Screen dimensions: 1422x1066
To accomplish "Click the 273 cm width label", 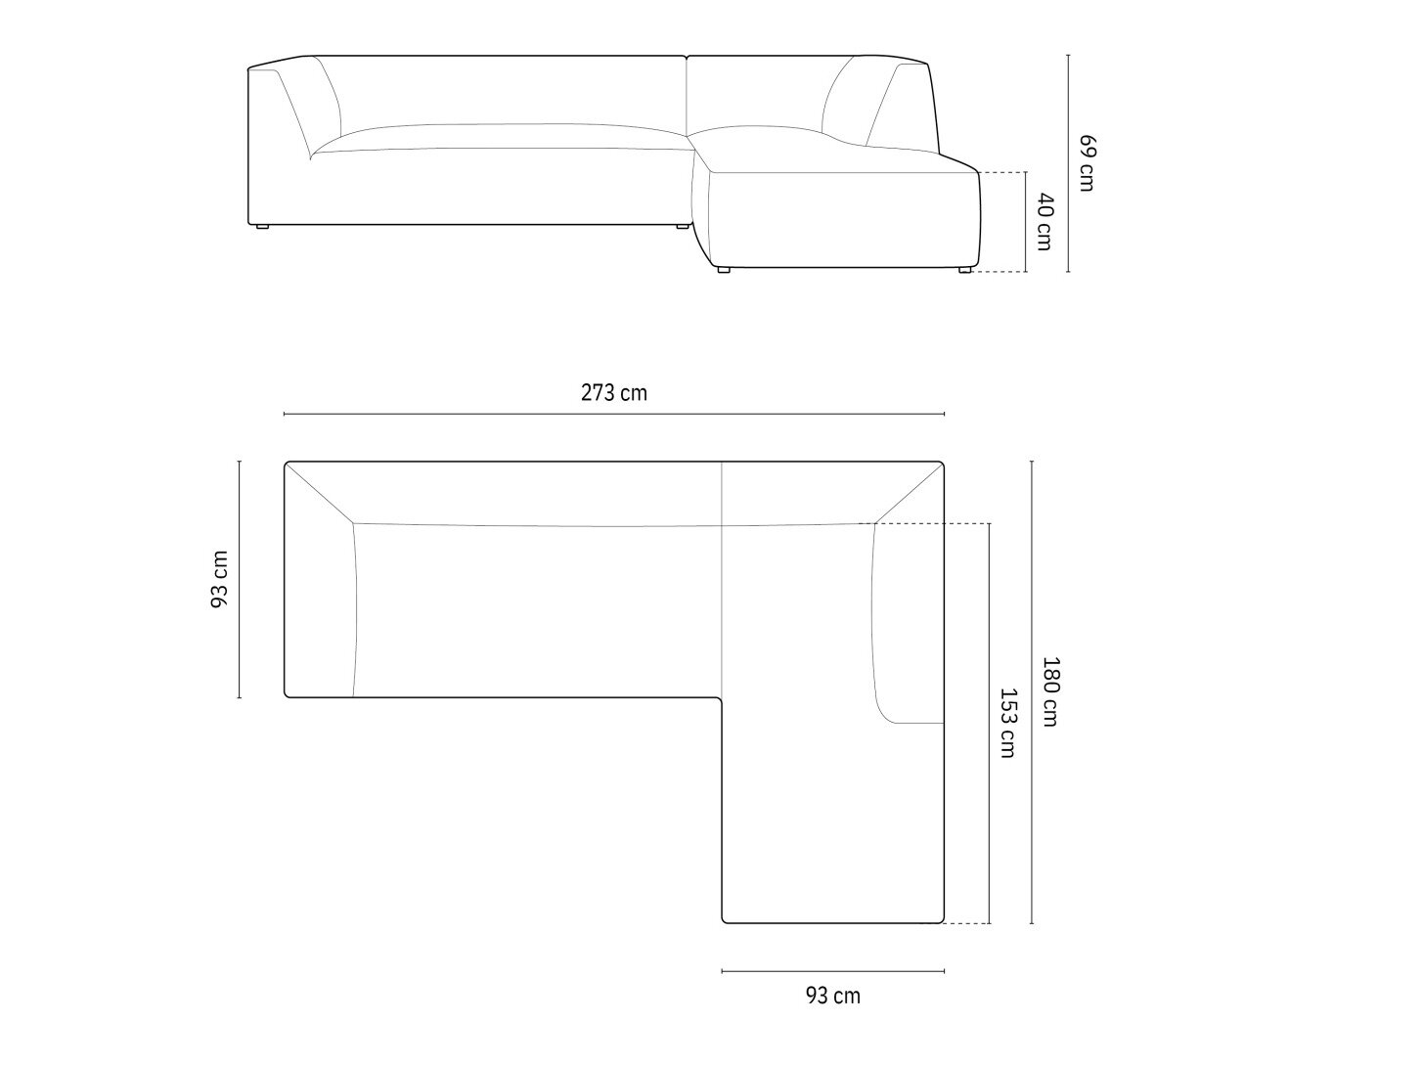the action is pyautogui.click(x=613, y=393).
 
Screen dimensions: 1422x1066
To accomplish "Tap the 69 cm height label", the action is pyautogui.click(x=1087, y=162).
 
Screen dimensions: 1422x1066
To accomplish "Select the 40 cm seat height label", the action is pyautogui.click(x=1044, y=221).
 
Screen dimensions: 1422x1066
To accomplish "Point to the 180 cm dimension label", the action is pyautogui.click(x=1050, y=691).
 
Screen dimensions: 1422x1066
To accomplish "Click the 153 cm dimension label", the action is pyautogui.click(x=1008, y=723).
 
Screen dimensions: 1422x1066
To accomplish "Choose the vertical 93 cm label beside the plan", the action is pyautogui.click(x=220, y=579).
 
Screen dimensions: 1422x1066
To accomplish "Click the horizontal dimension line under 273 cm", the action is pyautogui.click(x=614, y=414).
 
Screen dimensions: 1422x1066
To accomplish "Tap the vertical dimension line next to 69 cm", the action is pyautogui.click(x=1068, y=163).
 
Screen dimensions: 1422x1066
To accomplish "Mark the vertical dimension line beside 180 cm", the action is pyautogui.click(x=1032, y=691).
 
